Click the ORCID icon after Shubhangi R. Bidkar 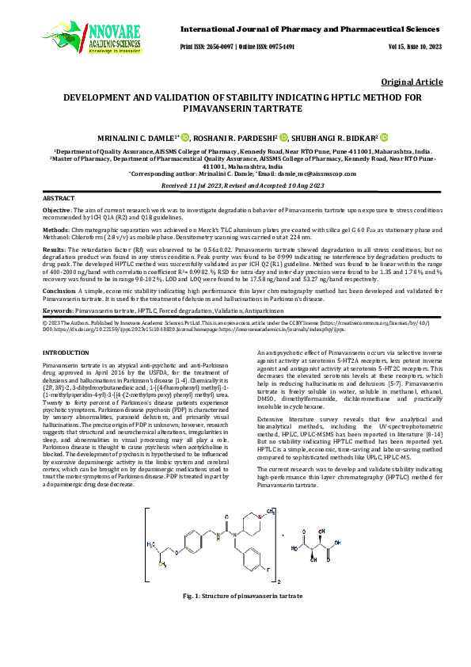(384, 136)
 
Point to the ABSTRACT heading (59, 197)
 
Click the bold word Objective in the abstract (56, 208)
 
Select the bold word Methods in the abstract (55, 227)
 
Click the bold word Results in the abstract (54, 249)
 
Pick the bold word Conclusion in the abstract (59, 291)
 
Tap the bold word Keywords (58, 311)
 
